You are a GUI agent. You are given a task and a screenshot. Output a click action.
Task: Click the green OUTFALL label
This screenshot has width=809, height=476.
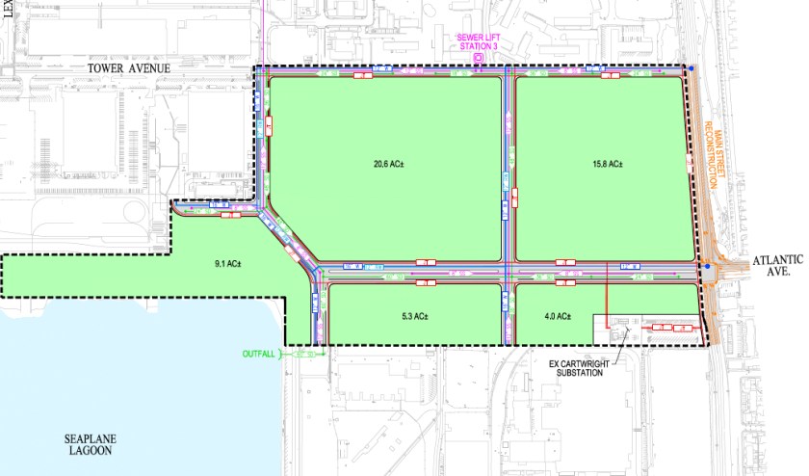pyautogui.click(x=256, y=354)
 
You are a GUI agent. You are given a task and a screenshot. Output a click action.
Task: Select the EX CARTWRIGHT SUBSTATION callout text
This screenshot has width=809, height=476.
pyautogui.click(x=576, y=367)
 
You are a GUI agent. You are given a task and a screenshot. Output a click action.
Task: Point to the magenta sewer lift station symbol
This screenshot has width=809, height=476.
pyautogui.click(x=479, y=60)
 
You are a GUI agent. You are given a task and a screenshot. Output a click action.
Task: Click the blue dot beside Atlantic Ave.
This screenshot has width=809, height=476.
pyautogui.click(x=706, y=268)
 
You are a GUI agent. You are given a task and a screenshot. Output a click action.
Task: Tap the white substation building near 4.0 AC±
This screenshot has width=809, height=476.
pyautogui.click(x=640, y=328)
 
